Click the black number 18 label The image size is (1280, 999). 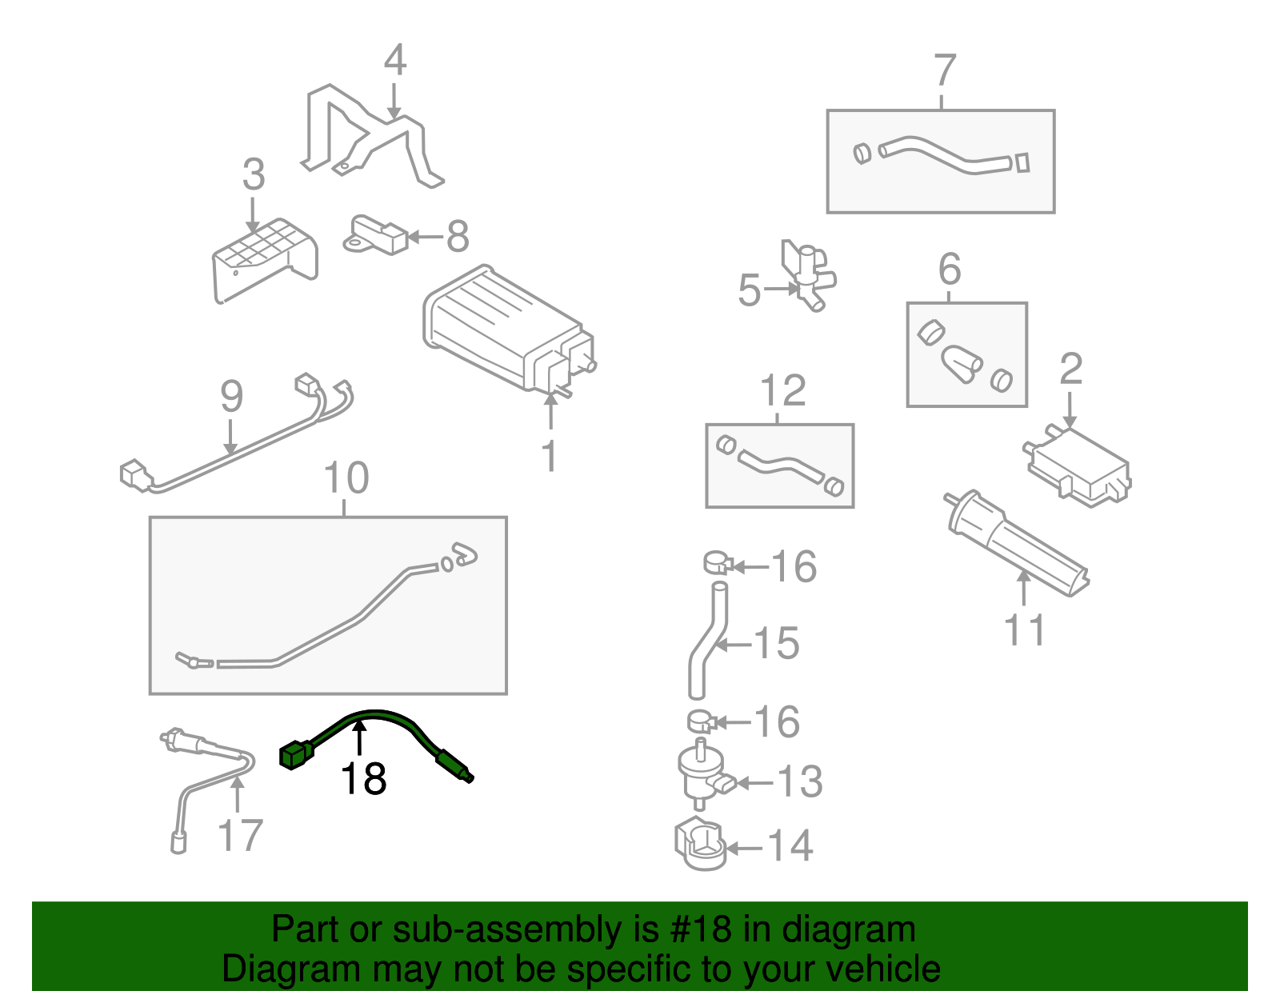[364, 779]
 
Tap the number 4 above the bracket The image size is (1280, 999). [394, 61]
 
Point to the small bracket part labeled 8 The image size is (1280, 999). [376, 235]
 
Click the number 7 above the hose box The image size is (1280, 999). [945, 70]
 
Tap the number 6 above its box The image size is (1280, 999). [950, 270]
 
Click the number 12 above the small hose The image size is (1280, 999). [782, 391]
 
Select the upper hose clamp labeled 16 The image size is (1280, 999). [718, 564]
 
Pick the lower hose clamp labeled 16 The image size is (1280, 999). [701, 721]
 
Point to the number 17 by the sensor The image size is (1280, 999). [240, 836]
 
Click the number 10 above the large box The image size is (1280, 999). [346, 478]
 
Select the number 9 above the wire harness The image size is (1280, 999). [231, 397]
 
